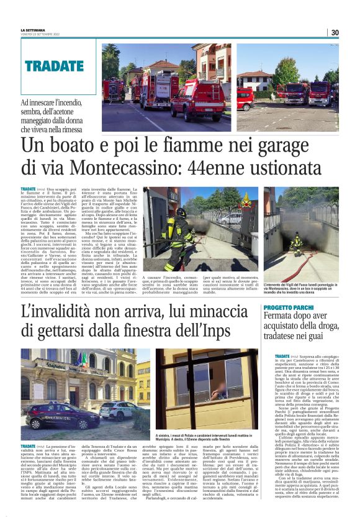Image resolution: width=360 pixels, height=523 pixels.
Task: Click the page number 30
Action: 335,32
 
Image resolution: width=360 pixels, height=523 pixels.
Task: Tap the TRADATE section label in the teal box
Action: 54,65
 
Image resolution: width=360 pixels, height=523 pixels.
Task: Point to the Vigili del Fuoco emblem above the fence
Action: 246,201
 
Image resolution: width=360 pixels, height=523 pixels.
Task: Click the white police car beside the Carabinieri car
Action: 115,409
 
